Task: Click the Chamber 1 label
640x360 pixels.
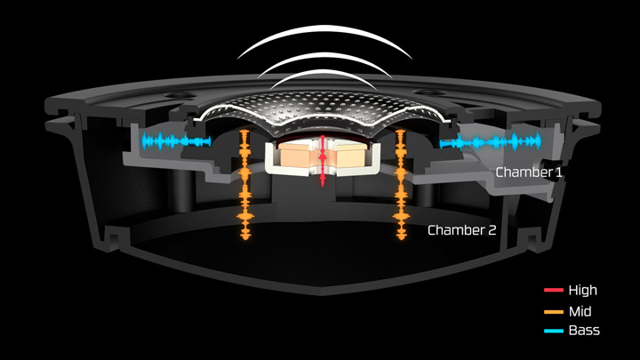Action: (x=529, y=172)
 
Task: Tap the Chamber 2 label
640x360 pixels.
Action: (x=461, y=230)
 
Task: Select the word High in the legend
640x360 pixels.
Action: (x=582, y=291)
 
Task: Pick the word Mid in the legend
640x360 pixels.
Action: (x=580, y=311)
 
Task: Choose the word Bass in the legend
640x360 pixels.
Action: (x=584, y=331)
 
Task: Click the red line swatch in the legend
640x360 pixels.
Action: (x=553, y=291)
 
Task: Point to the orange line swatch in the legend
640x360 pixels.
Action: (x=553, y=311)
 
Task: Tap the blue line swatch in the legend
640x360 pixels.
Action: (x=553, y=331)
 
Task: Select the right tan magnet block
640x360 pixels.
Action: (x=348, y=158)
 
